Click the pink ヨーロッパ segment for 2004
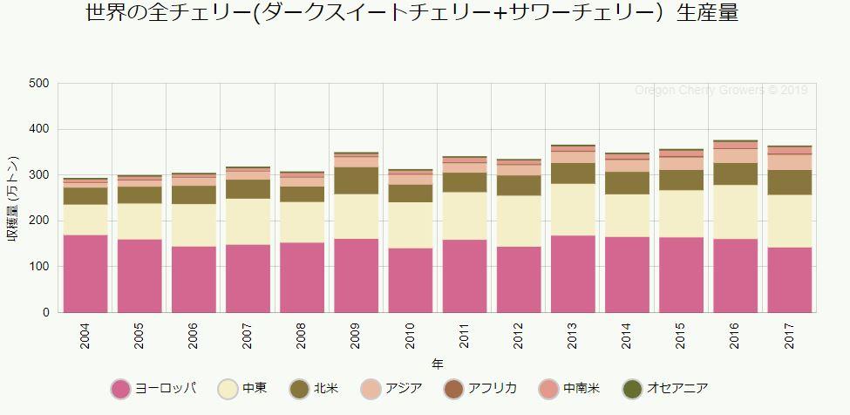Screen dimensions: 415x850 click(x=85, y=273)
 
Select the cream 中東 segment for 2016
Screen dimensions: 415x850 click(x=735, y=211)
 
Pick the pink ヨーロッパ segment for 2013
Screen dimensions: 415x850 click(x=573, y=273)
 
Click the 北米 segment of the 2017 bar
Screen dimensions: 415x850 click(x=789, y=182)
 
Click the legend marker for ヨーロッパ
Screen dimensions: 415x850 click(x=121, y=388)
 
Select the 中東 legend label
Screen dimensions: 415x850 click(x=255, y=388)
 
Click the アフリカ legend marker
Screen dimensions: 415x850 click(x=453, y=388)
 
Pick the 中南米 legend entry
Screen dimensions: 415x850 click(x=581, y=388)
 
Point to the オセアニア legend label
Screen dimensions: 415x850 click(x=677, y=388)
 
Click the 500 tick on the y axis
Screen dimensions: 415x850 click(x=39, y=84)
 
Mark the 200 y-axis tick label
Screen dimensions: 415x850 click(x=39, y=221)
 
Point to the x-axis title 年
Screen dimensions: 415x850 click(x=437, y=363)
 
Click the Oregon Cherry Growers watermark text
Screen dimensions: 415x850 click(x=720, y=90)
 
